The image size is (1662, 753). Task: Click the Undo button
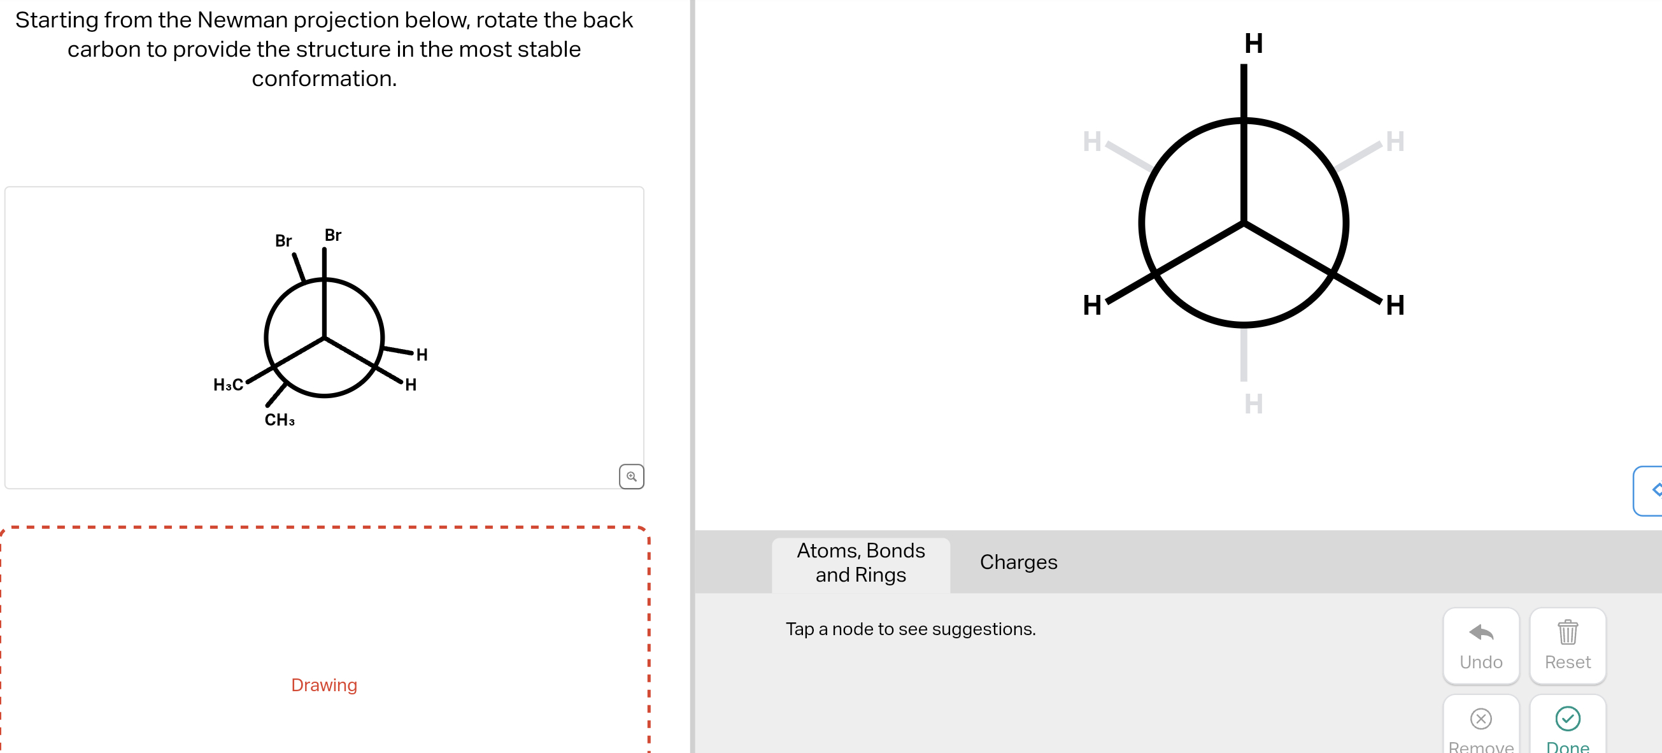[x=1481, y=645]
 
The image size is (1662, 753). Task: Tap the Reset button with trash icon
[x=1567, y=645]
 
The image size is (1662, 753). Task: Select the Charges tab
[x=1018, y=562]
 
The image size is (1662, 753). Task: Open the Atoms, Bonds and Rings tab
[x=860, y=562]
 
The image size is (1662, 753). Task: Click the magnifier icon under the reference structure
[x=631, y=476]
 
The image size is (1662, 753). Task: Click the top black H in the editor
[x=1253, y=44]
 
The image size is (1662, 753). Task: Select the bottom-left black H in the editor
[x=1091, y=305]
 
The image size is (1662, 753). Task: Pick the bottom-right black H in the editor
[x=1395, y=305]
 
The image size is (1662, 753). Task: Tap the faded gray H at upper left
[x=1091, y=141]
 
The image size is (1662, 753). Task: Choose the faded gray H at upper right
[x=1395, y=141]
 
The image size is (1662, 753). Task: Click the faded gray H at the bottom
[x=1253, y=404]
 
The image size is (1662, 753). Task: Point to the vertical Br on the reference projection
[x=333, y=236]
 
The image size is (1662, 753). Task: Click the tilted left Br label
[x=283, y=241]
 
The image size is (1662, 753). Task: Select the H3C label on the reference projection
[x=228, y=385]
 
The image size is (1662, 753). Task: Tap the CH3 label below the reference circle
[x=280, y=420]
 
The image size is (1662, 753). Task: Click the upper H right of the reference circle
[x=422, y=354]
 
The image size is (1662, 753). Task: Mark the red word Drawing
[x=324, y=685]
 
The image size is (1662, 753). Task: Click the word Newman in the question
[x=242, y=20]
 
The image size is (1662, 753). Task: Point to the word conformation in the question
[x=324, y=79]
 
